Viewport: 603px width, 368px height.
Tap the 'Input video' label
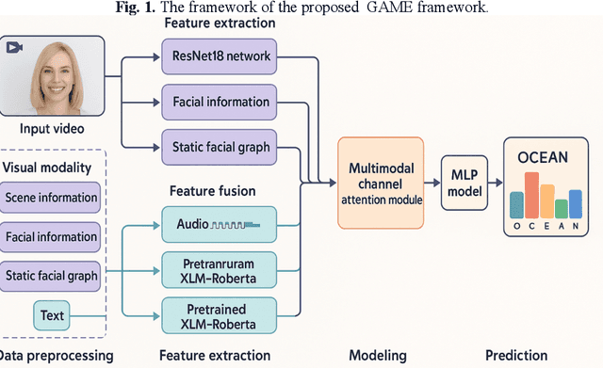[54, 128]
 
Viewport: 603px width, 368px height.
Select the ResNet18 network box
[221, 56]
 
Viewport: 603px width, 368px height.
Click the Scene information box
[52, 198]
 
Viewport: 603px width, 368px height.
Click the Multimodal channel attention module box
[381, 182]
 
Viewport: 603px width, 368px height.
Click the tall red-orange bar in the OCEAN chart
[531, 194]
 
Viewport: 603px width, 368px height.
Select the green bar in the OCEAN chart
[562, 207]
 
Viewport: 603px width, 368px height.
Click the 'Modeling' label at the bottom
[379, 355]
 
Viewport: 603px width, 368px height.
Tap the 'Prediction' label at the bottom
[515, 355]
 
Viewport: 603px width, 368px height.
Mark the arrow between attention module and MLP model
[432, 182]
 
